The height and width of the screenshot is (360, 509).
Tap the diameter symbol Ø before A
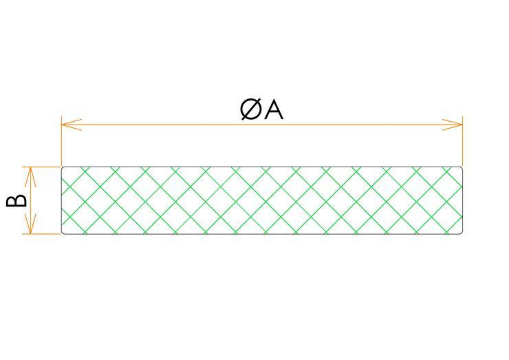click(x=252, y=109)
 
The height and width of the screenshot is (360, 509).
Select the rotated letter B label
click(x=17, y=200)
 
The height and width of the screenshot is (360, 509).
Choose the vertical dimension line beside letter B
click(x=30, y=200)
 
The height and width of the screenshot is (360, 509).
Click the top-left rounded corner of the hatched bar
click(x=63, y=168)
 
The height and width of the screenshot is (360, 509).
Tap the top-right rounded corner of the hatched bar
click(x=461, y=168)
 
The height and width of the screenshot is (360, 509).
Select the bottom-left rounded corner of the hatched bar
click(x=63, y=233)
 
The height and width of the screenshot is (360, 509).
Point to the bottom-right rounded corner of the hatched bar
click(x=461, y=233)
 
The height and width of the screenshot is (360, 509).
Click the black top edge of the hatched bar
click(x=261, y=167)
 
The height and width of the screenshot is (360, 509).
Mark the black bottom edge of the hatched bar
click(x=261, y=234)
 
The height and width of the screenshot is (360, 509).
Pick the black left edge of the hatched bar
click(x=61, y=200)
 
